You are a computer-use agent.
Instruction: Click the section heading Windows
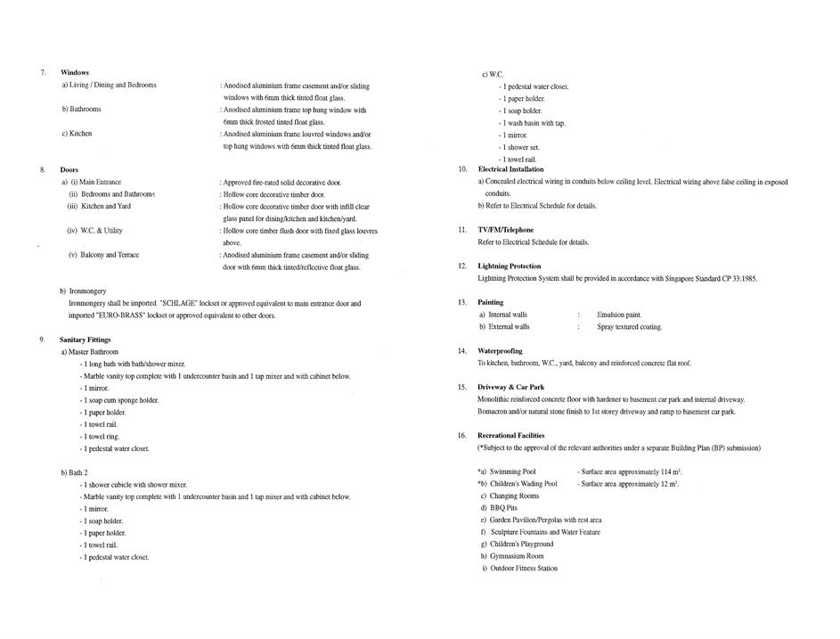click(x=75, y=72)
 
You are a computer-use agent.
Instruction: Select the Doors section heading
click(x=69, y=169)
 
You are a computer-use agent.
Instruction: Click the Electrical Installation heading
click(x=510, y=168)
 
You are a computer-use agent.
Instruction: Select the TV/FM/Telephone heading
click(x=505, y=230)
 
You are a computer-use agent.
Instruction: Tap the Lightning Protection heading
click(x=509, y=266)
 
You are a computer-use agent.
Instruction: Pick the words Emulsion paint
click(x=619, y=315)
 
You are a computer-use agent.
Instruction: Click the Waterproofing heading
click(x=500, y=351)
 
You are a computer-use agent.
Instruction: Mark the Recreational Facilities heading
click(x=511, y=435)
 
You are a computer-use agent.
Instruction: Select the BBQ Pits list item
click(x=503, y=508)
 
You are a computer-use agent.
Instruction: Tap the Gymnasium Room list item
click(x=517, y=556)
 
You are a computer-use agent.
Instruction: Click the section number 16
click(x=462, y=435)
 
